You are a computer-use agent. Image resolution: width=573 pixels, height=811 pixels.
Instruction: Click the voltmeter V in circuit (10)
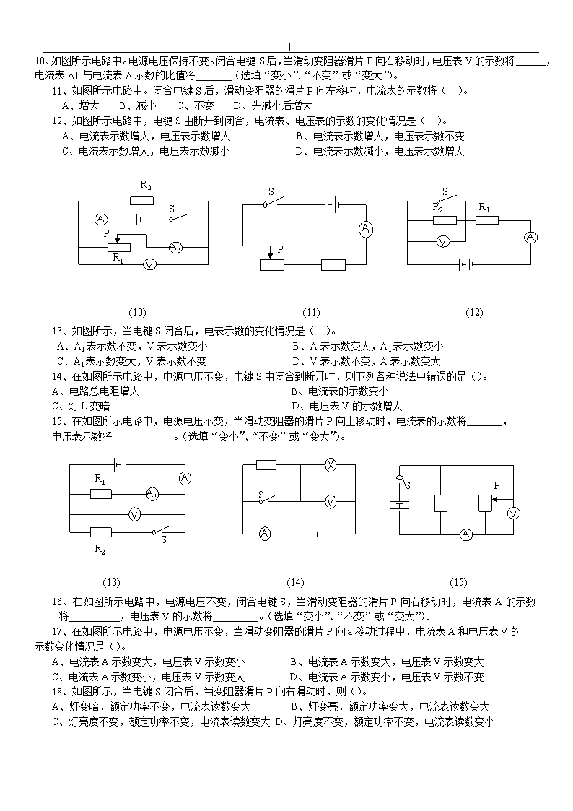click(x=149, y=265)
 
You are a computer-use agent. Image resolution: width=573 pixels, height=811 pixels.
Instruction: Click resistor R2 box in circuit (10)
click(x=141, y=200)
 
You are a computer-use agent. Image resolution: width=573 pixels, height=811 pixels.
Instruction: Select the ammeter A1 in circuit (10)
click(x=175, y=248)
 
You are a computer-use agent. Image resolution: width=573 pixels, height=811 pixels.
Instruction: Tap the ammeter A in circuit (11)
click(x=366, y=229)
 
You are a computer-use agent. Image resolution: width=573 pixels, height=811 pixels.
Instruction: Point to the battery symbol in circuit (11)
click(x=332, y=205)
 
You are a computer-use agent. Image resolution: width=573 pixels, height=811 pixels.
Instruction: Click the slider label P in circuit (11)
click(x=280, y=249)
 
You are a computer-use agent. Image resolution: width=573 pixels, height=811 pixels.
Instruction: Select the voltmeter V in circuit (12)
click(x=443, y=241)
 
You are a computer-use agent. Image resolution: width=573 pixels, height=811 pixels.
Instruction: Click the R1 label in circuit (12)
click(x=484, y=207)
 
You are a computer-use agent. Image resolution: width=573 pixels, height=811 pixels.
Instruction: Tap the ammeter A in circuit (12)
click(x=530, y=238)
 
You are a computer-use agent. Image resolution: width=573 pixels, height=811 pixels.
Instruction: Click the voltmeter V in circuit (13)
click(x=134, y=515)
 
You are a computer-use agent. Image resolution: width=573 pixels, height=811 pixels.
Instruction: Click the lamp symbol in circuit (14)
click(x=330, y=465)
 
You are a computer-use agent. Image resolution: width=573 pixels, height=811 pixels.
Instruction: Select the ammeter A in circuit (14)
click(x=265, y=534)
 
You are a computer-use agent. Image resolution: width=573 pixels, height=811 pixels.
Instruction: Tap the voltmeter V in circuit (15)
click(x=514, y=513)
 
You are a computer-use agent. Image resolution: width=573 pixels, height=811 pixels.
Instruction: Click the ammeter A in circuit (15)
click(x=466, y=534)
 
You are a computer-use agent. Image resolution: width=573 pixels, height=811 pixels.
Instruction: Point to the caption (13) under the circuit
click(x=111, y=582)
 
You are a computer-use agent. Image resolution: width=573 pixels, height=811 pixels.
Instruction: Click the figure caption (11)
click(x=311, y=313)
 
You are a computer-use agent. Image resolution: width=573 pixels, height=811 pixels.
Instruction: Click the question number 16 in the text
click(x=58, y=602)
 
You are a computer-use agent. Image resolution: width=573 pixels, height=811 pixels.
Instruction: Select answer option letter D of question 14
click(x=296, y=407)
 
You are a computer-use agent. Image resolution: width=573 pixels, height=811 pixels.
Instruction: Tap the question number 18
click(x=58, y=692)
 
